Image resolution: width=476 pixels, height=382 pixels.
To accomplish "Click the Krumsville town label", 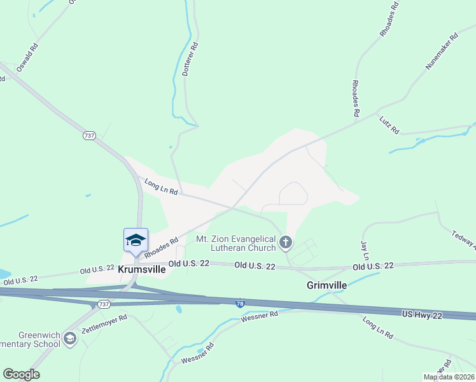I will coord(142,269).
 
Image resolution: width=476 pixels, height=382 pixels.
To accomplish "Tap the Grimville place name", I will coord(326,285).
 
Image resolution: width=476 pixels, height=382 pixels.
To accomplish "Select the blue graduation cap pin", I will coord(136,241).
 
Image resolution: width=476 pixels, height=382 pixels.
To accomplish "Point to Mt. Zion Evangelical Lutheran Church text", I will coord(235,243).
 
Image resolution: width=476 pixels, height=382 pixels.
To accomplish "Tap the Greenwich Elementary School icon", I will coord(69,339).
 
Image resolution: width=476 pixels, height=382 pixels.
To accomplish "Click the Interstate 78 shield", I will coord(239,305).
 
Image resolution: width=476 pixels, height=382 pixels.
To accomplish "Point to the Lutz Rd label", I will coord(389,125).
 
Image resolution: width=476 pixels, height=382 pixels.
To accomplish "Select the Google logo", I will coord(21,374).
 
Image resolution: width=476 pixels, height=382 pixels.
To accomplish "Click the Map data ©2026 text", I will coord(449,377).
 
